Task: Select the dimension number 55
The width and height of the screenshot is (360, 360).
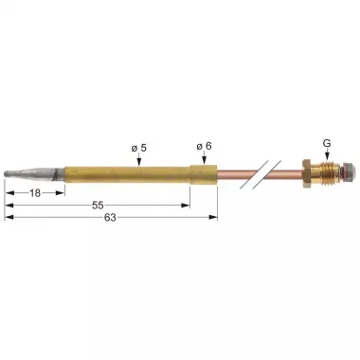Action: coord(98,206)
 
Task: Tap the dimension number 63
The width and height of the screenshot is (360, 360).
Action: coord(113,217)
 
